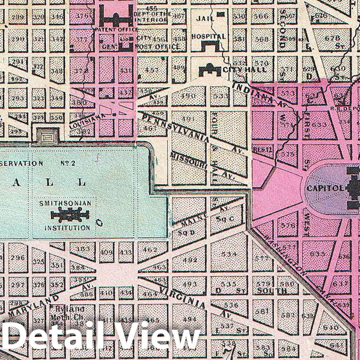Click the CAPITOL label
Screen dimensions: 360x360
[x=324, y=188]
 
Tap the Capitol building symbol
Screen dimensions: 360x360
[x=354, y=188]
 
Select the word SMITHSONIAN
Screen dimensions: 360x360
[x=64, y=203]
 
